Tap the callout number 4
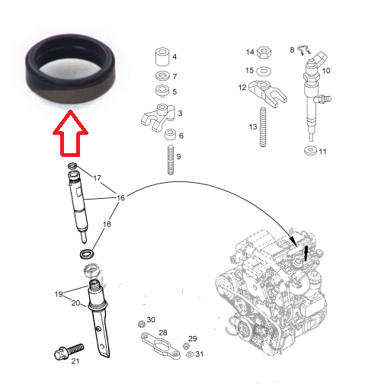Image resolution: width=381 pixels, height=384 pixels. [x=175, y=57]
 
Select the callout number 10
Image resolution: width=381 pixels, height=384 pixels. [x=326, y=71]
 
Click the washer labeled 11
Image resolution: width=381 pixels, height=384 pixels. [x=309, y=151]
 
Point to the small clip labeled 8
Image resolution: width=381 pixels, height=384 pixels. [x=303, y=52]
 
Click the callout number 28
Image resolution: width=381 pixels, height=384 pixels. [x=162, y=333]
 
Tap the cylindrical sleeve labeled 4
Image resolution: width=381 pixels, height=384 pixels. [x=160, y=58]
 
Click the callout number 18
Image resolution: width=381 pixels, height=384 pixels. [x=107, y=226]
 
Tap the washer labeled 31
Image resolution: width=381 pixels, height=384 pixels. [x=187, y=354]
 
